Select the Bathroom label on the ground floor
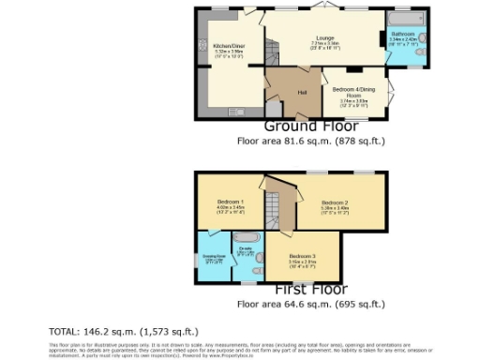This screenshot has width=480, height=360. tap(415, 34)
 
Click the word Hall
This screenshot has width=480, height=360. tap(303, 92)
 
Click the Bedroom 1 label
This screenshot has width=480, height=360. tap(231, 202)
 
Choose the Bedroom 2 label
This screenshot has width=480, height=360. tap(335, 202)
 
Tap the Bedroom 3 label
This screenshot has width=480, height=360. tap(301, 256)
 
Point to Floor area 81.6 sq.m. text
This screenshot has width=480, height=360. tap(311, 141)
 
